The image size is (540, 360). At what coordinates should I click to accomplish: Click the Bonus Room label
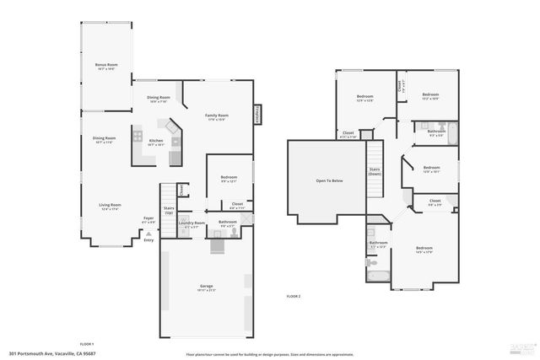click(x=105, y=65)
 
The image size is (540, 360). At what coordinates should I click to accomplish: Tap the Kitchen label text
click(x=156, y=141)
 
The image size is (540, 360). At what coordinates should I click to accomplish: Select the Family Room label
click(x=217, y=116)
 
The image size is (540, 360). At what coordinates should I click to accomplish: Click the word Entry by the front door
click(x=148, y=240)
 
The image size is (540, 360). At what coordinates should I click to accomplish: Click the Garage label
click(x=205, y=287)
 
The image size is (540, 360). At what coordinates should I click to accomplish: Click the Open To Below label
click(x=329, y=180)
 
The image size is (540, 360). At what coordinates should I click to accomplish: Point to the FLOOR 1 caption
click(x=86, y=344)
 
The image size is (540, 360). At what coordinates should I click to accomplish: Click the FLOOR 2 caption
click(x=293, y=297)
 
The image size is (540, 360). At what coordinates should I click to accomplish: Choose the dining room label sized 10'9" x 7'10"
click(x=159, y=98)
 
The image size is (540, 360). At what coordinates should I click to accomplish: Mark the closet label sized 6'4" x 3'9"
click(x=435, y=201)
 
